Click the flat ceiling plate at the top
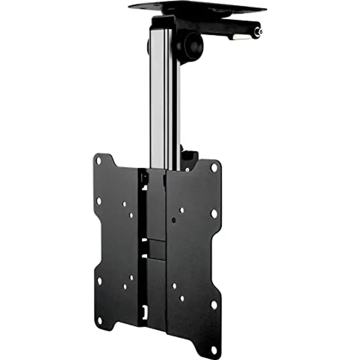click(x=196, y=8)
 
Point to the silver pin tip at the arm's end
click(x=260, y=32)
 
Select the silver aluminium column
click(x=162, y=98)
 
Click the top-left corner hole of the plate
click(x=99, y=160)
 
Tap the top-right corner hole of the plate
click(x=214, y=167)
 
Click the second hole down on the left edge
click(x=99, y=201)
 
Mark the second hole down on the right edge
click(x=214, y=213)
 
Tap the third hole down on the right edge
click(x=214, y=304)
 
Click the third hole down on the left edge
click(x=99, y=281)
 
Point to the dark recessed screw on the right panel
click(x=174, y=220)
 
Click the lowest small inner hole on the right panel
click(x=182, y=297)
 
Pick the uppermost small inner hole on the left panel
click(x=124, y=204)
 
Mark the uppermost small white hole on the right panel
click(x=181, y=210)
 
